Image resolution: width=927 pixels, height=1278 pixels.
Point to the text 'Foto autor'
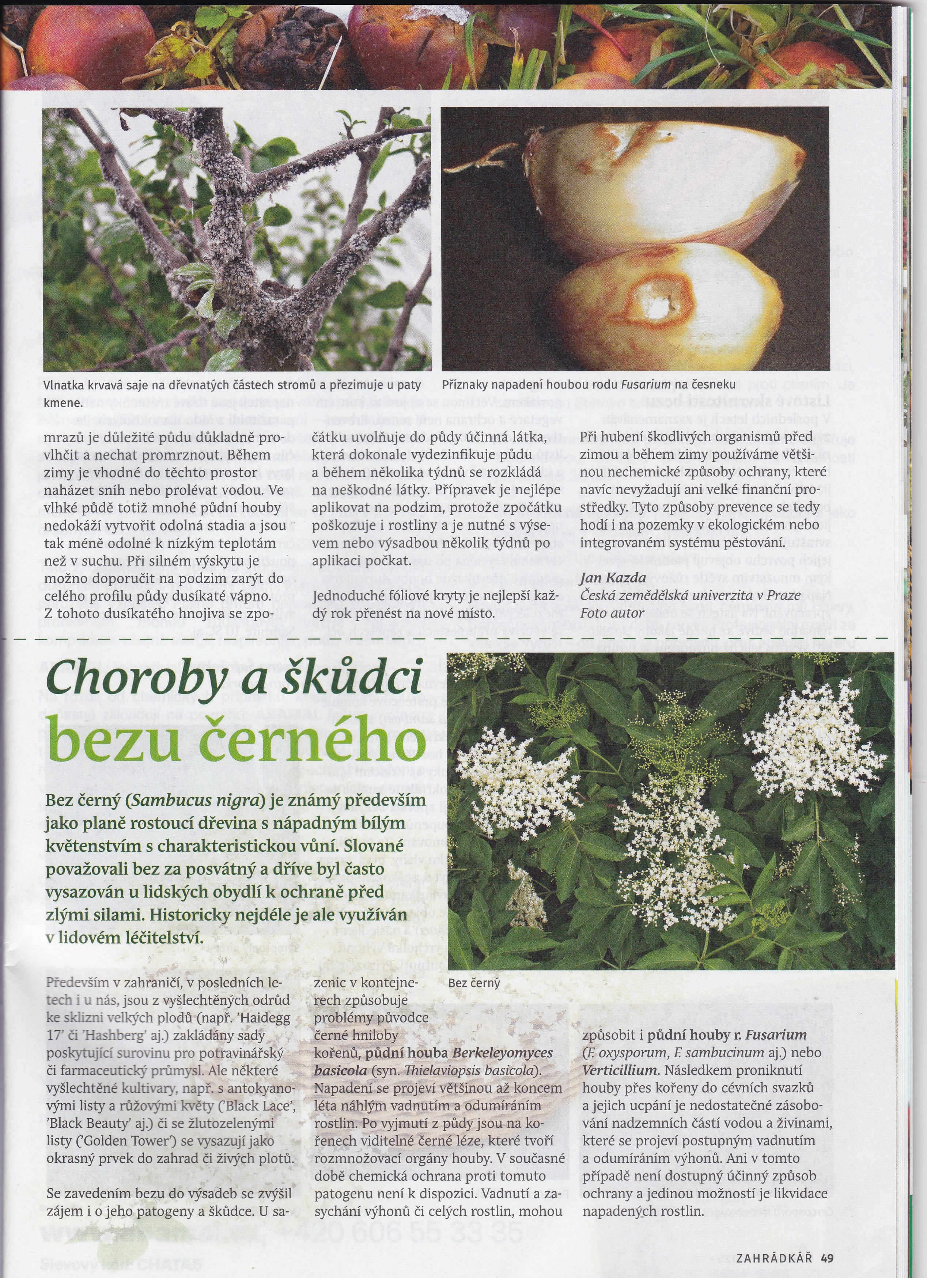point(605,613)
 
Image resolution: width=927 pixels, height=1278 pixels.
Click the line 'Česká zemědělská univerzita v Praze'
point(690,595)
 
